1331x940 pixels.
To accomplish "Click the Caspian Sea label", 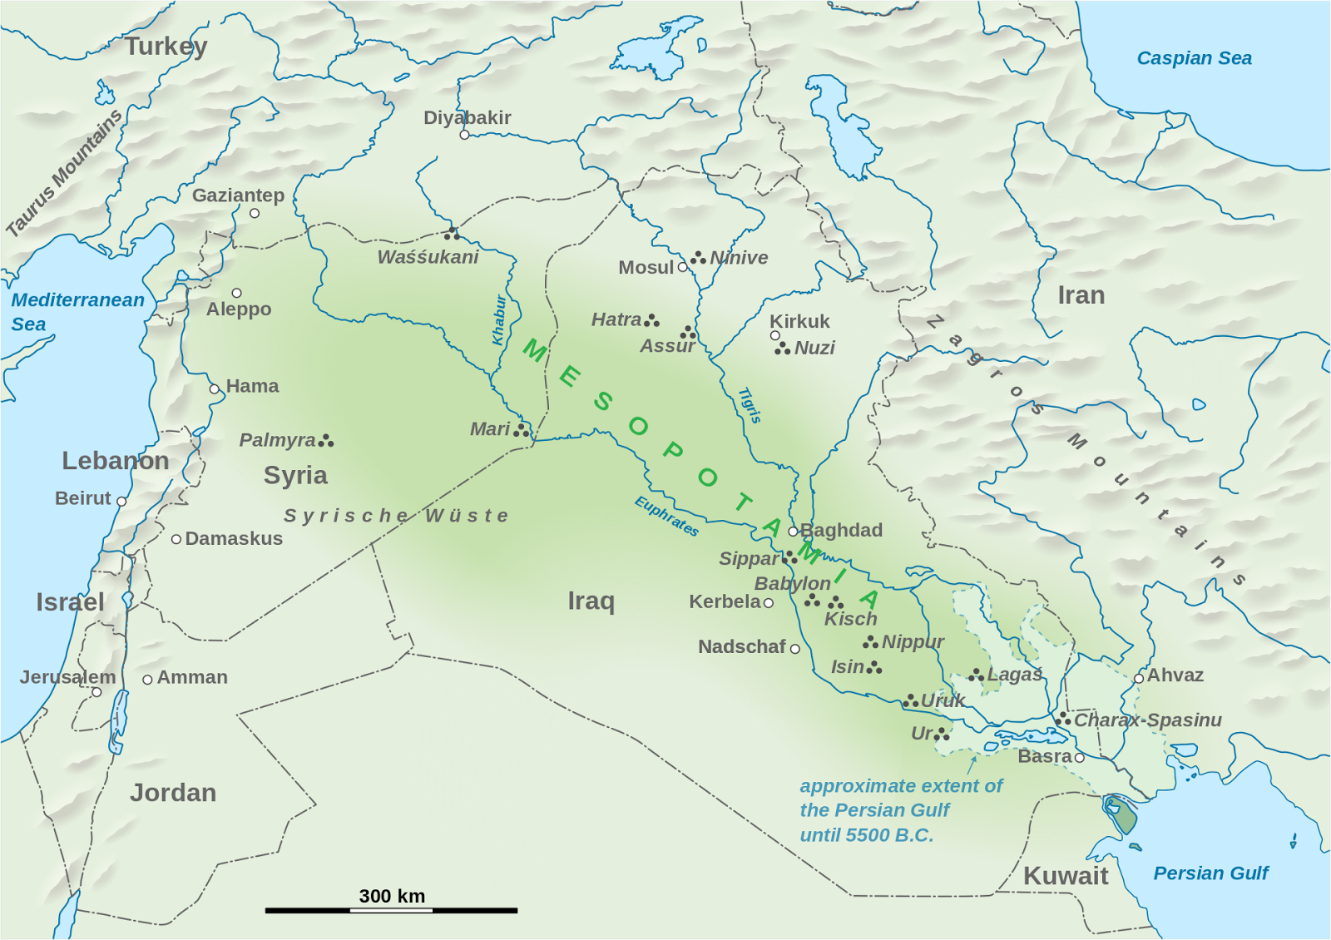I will click(1194, 58).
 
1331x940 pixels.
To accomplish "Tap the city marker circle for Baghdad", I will click(793, 532).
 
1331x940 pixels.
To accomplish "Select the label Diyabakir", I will click(467, 117).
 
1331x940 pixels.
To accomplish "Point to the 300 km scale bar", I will click(391, 910).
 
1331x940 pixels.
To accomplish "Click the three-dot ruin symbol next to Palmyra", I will click(326, 440).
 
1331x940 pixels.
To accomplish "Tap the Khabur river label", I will click(499, 320).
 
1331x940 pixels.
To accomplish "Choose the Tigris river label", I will click(750, 405).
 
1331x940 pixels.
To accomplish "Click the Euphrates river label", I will click(666, 516).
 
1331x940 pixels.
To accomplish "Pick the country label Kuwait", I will click(1065, 875).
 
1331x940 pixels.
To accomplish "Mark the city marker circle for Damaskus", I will click(176, 540).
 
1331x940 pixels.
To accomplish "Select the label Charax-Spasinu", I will click(1147, 720).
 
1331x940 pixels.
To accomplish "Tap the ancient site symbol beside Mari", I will click(522, 430).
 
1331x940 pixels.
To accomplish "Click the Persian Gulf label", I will click(1210, 873).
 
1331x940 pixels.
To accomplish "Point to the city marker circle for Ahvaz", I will click(1138, 679).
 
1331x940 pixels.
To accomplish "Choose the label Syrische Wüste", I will click(396, 516).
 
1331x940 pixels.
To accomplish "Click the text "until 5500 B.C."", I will click(866, 834).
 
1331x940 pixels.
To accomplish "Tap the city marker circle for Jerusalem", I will click(96, 692).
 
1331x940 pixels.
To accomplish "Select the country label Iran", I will click(1081, 295).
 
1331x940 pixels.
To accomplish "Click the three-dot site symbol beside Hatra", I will click(652, 320).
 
